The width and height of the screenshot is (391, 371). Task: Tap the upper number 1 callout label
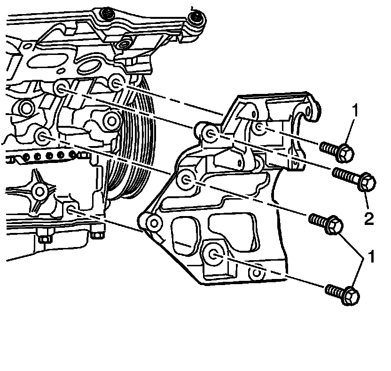355,111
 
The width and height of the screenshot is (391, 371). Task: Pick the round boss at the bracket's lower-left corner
150,221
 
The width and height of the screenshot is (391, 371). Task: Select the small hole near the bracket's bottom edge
257,271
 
